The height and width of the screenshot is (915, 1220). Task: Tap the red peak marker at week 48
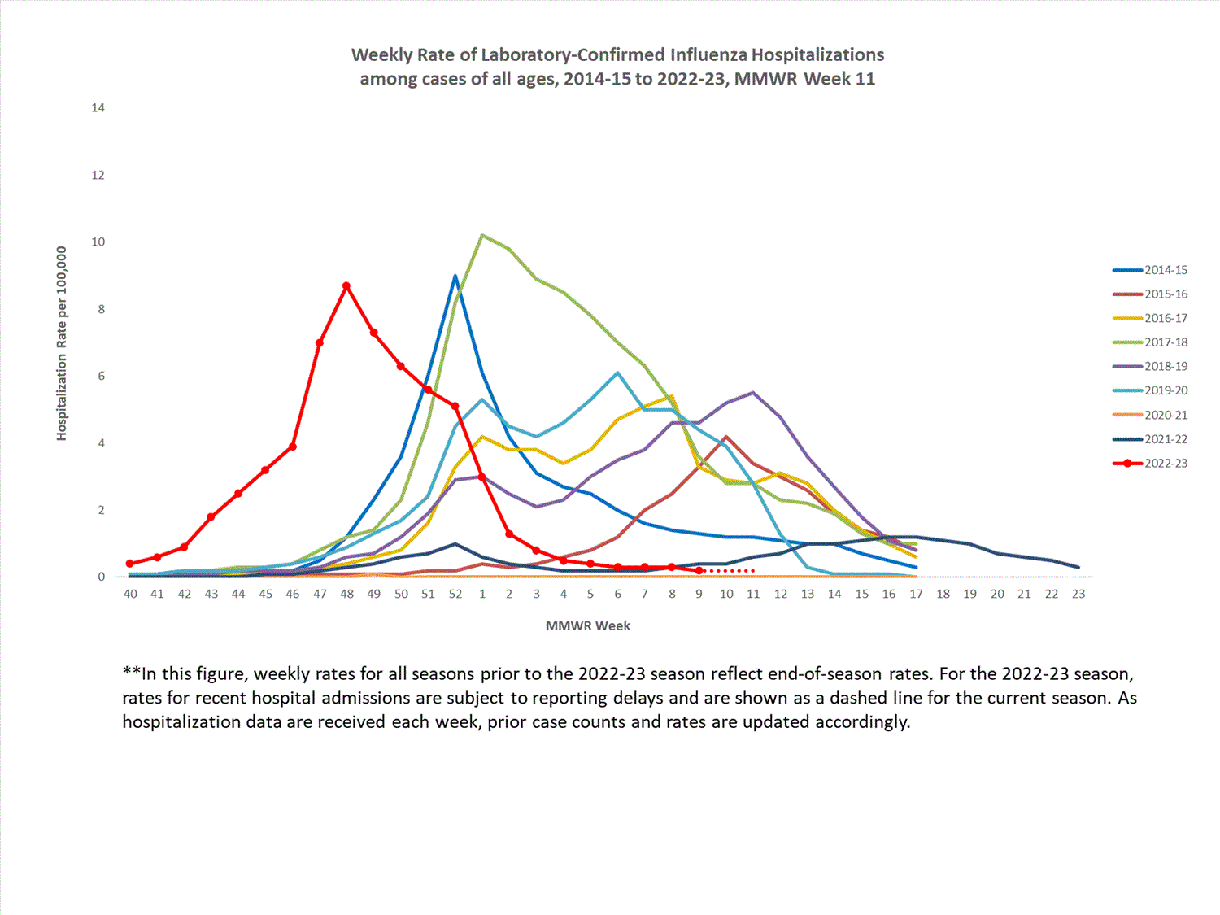click(x=346, y=286)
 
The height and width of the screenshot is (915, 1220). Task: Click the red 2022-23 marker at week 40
click(x=130, y=564)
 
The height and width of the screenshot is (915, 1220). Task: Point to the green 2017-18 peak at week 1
click(x=482, y=235)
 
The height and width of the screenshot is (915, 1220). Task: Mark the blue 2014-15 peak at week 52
click(x=455, y=276)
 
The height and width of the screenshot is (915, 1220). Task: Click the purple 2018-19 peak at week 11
click(x=753, y=393)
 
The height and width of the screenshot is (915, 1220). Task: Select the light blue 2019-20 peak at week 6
click(x=618, y=373)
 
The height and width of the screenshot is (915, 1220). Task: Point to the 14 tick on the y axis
click(x=98, y=108)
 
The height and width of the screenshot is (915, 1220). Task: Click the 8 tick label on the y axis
click(x=101, y=309)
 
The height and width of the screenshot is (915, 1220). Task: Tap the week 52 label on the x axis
click(x=455, y=595)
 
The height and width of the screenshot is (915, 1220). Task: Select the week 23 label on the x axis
click(x=1078, y=595)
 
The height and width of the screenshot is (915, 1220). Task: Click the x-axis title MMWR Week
click(x=588, y=626)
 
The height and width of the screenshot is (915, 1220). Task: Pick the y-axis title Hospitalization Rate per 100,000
click(x=62, y=344)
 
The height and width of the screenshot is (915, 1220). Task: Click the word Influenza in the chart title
click(x=708, y=55)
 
